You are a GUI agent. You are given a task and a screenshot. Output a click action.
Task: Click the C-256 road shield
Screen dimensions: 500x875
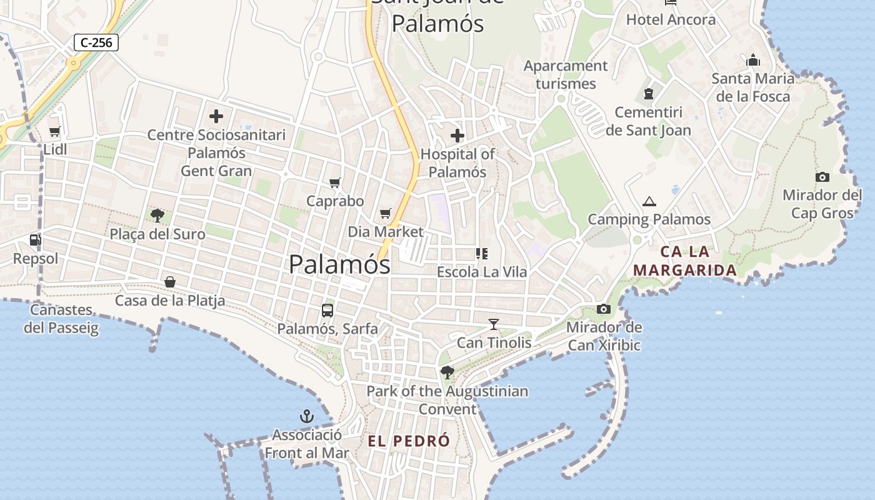(x=96, y=42)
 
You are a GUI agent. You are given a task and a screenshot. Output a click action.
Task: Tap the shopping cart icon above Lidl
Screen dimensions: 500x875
(x=55, y=132)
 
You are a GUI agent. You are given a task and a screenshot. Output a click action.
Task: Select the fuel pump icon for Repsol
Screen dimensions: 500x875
(x=35, y=240)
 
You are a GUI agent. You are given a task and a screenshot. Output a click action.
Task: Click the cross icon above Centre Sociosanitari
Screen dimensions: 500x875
(x=216, y=116)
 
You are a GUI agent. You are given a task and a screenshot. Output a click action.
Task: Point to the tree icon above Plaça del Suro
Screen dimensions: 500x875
(x=157, y=216)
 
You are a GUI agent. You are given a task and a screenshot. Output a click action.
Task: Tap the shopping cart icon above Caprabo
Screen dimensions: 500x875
(x=335, y=182)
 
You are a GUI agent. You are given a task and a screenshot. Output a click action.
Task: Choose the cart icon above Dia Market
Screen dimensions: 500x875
(x=386, y=213)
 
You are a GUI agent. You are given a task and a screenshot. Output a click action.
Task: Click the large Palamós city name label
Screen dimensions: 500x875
(x=339, y=264)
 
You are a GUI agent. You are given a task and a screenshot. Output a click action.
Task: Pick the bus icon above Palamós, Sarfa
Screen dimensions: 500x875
(x=327, y=310)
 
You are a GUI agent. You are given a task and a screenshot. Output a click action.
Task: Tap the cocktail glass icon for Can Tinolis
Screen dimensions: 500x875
(x=494, y=324)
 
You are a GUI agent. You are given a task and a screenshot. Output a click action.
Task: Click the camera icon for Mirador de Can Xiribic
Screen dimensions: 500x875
(x=604, y=309)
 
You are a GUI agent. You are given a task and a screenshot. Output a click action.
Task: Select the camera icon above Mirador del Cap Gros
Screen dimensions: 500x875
(x=822, y=177)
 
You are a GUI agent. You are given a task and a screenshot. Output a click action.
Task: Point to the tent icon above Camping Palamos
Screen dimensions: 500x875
(x=649, y=201)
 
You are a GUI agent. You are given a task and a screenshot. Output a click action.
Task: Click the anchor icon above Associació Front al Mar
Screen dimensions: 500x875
(x=307, y=416)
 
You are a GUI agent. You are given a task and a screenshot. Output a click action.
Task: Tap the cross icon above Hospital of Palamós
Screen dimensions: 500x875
(x=457, y=136)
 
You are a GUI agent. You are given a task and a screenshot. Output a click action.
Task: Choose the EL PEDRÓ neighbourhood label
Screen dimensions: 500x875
(x=409, y=441)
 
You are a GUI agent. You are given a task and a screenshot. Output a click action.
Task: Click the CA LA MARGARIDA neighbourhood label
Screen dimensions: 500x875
(x=685, y=261)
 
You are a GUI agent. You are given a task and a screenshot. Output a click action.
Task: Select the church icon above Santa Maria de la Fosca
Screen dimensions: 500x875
(x=753, y=60)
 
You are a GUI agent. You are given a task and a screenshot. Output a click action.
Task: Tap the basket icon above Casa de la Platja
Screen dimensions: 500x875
(x=170, y=282)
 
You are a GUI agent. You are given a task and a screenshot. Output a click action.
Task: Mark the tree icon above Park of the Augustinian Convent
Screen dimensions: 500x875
(x=447, y=372)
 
